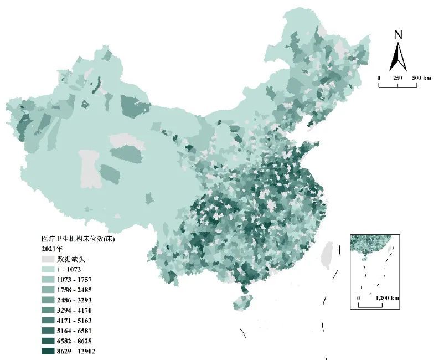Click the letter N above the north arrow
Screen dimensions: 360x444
397,34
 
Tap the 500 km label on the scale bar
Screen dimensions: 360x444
422,78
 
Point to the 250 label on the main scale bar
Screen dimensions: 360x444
398,78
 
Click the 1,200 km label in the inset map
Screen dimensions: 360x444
387,299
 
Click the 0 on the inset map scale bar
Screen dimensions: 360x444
359,299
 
